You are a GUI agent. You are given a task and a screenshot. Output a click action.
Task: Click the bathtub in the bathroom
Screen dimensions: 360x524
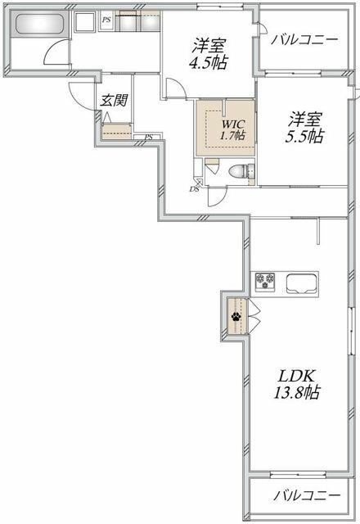pos(40,24)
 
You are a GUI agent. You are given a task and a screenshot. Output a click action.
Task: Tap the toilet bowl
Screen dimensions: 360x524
pos(241,171)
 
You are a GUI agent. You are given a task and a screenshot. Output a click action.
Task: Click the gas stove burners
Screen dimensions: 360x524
pos(265,280)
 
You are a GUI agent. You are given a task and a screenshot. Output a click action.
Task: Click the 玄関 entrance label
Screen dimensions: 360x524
pos(115,100)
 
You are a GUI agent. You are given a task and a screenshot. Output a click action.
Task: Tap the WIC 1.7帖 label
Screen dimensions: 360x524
pos(233,129)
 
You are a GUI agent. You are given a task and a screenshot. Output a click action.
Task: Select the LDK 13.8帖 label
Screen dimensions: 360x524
pos(296,384)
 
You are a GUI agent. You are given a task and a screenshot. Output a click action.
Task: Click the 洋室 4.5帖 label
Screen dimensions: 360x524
pos(209,54)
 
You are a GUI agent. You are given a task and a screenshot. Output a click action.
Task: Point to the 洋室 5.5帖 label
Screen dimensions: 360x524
pos(304,128)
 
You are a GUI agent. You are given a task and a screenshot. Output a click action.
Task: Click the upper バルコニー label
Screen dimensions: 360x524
pos(304,40)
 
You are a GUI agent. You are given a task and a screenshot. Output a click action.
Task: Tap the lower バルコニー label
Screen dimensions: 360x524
pos(308,495)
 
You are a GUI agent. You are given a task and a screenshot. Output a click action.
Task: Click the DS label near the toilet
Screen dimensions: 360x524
pos(194,189)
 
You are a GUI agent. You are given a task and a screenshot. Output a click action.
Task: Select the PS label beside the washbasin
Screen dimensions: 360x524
pos(106,20)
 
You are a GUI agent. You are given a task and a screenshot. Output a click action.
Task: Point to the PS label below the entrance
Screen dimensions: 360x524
pos(149,137)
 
